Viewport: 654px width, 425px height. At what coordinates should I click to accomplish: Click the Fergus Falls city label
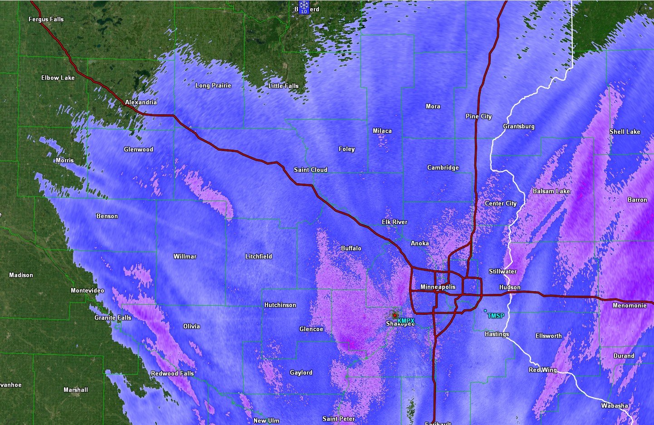pyautogui.click(x=46, y=20)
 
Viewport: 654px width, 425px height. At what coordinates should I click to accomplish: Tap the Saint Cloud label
pyautogui.click(x=310, y=170)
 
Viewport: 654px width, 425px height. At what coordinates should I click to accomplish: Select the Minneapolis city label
pyautogui.click(x=438, y=287)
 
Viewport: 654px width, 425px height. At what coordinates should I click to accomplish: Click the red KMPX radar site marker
pyautogui.click(x=395, y=315)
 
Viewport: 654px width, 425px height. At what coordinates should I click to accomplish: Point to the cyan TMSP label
pyautogui.click(x=496, y=316)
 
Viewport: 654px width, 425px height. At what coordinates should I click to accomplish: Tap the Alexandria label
pyautogui.click(x=141, y=103)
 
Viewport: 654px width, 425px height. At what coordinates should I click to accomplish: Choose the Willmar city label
pyautogui.click(x=185, y=257)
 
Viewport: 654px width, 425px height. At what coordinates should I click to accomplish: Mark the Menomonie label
pyautogui.click(x=630, y=306)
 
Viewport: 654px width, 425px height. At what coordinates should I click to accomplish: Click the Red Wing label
pyautogui.click(x=542, y=370)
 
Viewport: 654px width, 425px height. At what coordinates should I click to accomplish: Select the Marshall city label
pyautogui.click(x=76, y=390)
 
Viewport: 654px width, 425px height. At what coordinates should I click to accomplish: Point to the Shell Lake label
pyautogui.click(x=625, y=132)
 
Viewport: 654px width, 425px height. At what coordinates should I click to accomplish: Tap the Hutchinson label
pyautogui.click(x=280, y=305)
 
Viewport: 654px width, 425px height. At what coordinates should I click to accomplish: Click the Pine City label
pyautogui.click(x=478, y=117)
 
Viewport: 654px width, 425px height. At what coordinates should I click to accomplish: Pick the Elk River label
pyautogui.click(x=394, y=222)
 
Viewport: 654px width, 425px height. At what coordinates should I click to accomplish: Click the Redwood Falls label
pyautogui.click(x=172, y=374)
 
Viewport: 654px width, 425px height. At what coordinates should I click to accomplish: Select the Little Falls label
pyautogui.click(x=283, y=86)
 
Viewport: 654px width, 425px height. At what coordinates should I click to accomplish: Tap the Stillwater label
pyautogui.click(x=503, y=272)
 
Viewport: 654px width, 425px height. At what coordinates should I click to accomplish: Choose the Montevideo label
pyautogui.click(x=87, y=291)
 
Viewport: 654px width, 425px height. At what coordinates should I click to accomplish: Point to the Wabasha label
pyautogui.click(x=615, y=406)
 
